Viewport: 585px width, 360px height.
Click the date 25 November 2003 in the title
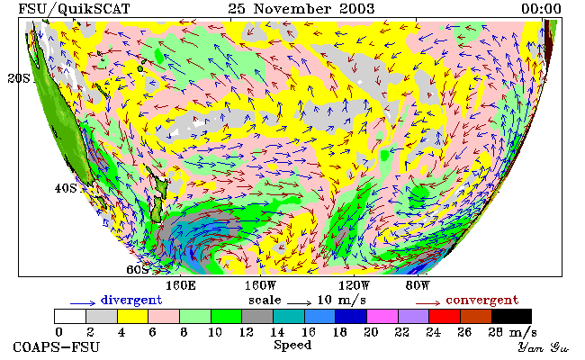pos(301,9)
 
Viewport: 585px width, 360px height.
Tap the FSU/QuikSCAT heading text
pos(74,9)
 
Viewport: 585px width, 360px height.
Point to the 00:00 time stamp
pos(541,9)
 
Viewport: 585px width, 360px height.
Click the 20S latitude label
pos(19,78)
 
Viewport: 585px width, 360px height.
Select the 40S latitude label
pos(66,188)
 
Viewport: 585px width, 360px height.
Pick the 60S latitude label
pos(138,269)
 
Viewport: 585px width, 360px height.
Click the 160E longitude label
pos(181,286)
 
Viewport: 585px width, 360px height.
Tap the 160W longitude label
pos(260,286)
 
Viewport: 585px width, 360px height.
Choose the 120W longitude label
pos(354,286)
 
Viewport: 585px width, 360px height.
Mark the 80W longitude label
pos(418,286)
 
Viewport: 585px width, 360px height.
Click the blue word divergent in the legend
pos(131,301)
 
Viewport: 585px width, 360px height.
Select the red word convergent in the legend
pos(482,301)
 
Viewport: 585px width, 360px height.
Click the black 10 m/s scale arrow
pos(299,303)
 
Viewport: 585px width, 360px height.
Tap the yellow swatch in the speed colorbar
pos(133,317)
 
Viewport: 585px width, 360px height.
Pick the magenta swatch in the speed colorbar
pos(382,317)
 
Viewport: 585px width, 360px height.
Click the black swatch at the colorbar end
pos(511,317)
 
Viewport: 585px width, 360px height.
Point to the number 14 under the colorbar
pos(277,332)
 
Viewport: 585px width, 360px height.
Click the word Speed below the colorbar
pos(292,346)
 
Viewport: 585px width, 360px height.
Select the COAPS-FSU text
pos(57,347)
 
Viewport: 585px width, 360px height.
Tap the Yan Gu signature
pos(544,347)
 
